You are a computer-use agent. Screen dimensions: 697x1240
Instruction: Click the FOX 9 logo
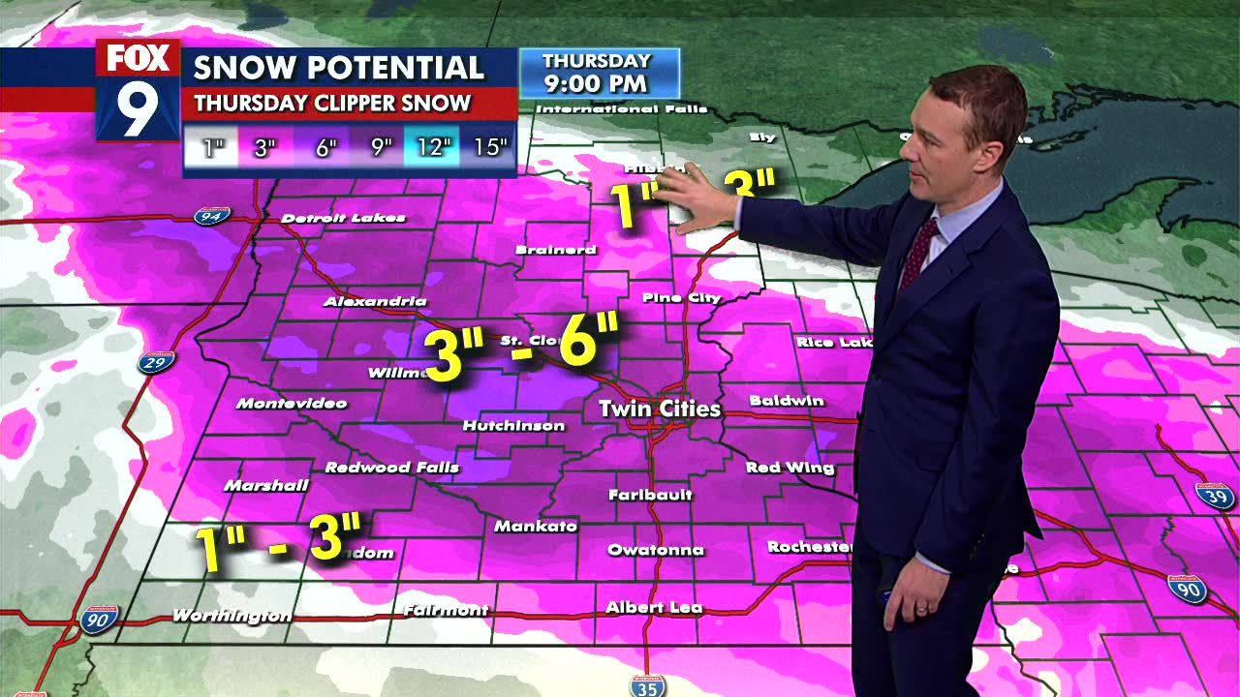click(138, 90)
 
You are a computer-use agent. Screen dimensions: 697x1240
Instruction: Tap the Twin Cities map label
click(660, 409)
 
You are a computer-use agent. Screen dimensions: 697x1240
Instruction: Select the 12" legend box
click(434, 147)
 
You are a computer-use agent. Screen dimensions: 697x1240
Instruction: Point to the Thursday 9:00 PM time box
click(599, 73)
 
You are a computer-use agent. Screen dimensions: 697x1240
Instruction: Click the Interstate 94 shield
click(211, 215)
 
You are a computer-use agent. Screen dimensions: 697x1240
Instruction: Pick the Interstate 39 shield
click(1214, 496)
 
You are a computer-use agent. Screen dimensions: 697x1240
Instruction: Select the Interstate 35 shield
click(647, 686)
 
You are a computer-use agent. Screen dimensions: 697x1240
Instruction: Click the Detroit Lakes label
click(343, 218)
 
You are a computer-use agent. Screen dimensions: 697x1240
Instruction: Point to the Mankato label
click(536, 527)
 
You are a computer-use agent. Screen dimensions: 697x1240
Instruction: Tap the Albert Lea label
click(654, 608)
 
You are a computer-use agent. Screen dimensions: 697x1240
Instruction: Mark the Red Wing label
click(790, 468)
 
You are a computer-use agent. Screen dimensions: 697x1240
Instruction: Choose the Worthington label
click(232, 616)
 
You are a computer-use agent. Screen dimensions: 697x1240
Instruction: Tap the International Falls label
click(624, 109)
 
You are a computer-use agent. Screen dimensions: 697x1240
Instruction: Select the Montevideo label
click(292, 403)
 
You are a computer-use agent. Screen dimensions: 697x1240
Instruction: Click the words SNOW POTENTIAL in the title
click(338, 68)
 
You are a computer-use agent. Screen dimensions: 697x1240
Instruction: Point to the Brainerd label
click(555, 250)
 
